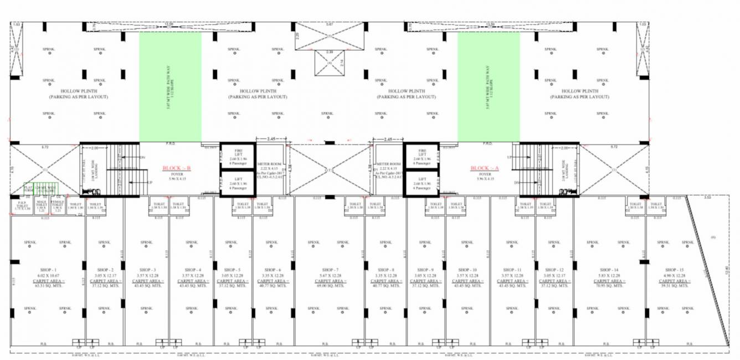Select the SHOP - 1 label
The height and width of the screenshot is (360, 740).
[x=47, y=269]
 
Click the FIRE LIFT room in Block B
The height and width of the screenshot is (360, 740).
[x=237, y=156]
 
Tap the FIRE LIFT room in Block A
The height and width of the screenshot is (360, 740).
[x=422, y=156]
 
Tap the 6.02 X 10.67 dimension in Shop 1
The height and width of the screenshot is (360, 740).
[x=47, y=275]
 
